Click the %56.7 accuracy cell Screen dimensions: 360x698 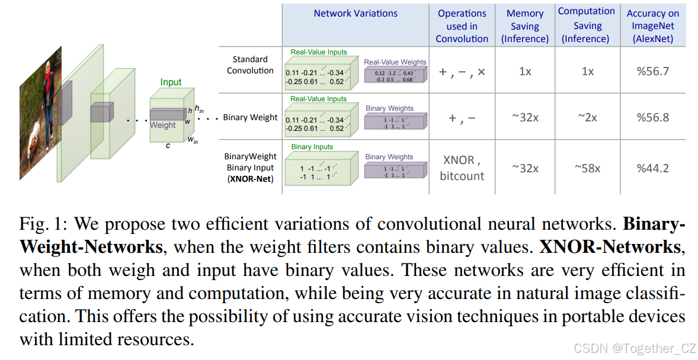coord(653,71)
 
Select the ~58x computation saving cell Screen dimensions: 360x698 coord(587,168)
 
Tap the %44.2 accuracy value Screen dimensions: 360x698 coord(653,168)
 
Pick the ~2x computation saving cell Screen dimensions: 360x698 coord(587,117)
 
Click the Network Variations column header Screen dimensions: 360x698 coord(356,13)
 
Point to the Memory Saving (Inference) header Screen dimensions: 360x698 coord(524,26)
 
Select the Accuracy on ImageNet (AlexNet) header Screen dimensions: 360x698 coord(653,26)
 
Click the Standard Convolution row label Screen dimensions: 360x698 coord(250,65)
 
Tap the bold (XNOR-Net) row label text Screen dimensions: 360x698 coord(250,178)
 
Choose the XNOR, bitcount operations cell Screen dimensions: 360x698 coord(462,168)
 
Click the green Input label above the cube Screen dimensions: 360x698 coord(171,82)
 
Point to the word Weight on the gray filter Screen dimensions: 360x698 coord(162,125)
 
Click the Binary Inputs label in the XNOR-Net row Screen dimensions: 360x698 coord(312,147)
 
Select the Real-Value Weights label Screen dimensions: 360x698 coord(395,62)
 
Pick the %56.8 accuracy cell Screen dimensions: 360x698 coord(653,117)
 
